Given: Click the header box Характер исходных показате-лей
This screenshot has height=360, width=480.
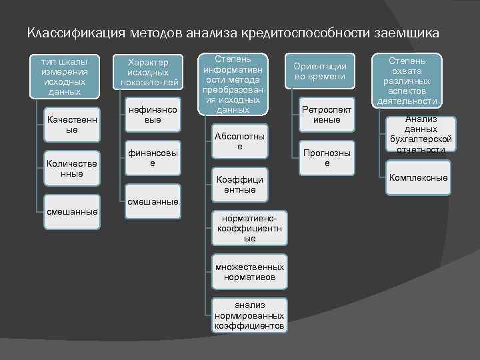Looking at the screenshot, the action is coord(150,72).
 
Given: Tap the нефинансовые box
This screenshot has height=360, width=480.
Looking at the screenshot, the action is coord(153,115).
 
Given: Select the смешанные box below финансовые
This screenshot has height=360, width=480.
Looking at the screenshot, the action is coord(153,201).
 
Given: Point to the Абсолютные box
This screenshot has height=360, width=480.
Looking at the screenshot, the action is coord(240,141).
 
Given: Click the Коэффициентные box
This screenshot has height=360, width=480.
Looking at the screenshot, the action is coord(240,185).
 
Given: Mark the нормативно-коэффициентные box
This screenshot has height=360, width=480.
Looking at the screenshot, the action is coord(250,228).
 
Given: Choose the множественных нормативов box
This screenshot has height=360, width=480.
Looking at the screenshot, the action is coord(250,271).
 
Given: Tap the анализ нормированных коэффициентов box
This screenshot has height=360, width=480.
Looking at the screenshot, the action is coord(250,315).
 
